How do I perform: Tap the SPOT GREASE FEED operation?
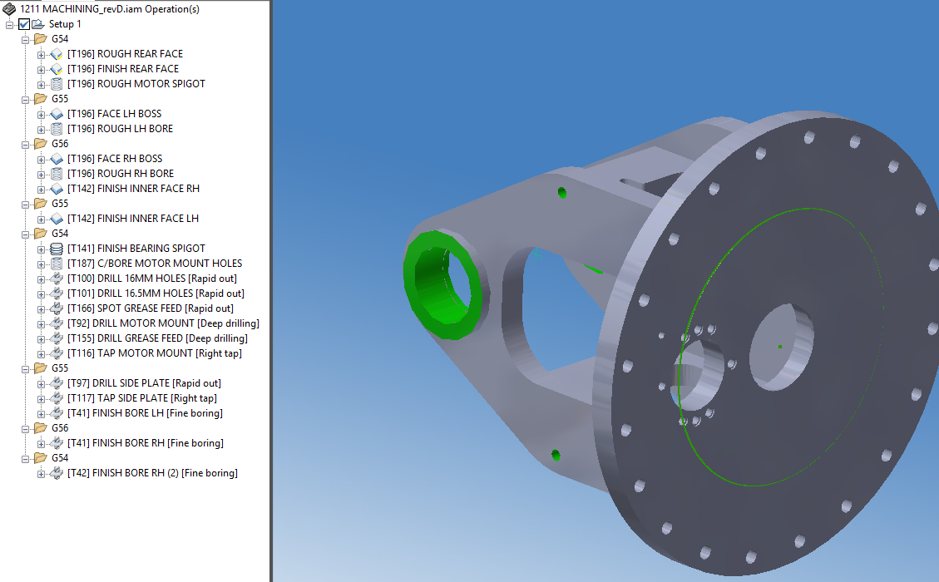(150, 308)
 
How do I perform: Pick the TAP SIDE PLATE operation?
(141, 398)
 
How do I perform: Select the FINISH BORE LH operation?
(145, 413)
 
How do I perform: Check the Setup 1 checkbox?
(23, 24)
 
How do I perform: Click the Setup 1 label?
(65, 24)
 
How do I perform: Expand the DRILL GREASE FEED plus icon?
(42, 338)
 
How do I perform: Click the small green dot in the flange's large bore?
(779, 346)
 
